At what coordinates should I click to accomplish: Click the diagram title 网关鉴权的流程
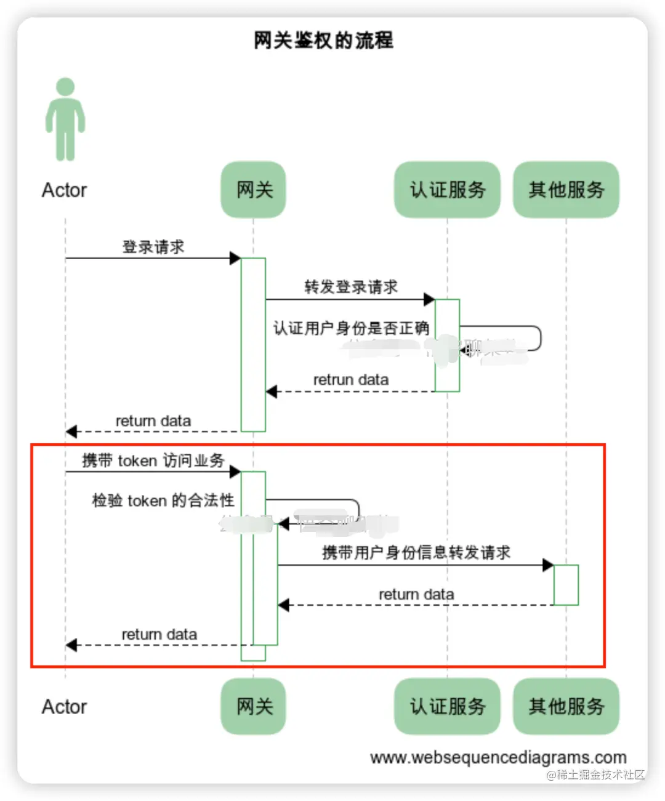pos(323,41)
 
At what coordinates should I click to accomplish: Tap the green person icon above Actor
pos(65,119)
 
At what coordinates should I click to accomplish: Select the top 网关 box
pos(254,190)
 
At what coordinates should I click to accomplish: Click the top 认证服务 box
pos(448,190)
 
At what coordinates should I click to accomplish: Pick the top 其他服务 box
pos(566,190)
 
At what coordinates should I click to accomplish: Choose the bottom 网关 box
pos(254,706)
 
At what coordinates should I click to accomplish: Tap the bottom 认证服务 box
pos(448,706)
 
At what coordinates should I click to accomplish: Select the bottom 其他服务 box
pos(566,706)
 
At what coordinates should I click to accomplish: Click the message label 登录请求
pos(153,247)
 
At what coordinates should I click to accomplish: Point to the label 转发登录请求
pos(351,287)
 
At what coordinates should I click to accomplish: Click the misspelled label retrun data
pos(351,380)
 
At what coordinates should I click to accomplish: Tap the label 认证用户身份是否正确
pos(351,328)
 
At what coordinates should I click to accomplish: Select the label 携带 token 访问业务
pos(153,461)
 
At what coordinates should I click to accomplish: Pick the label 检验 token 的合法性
pos(163,501)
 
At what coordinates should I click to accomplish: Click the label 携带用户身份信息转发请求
pos(416,553)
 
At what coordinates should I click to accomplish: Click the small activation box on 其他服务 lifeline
pos(566,585)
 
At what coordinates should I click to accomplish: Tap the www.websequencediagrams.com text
pos(498,757)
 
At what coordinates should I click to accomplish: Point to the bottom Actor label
pos(64,707)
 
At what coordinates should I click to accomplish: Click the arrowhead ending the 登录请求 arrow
pos(235,258)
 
